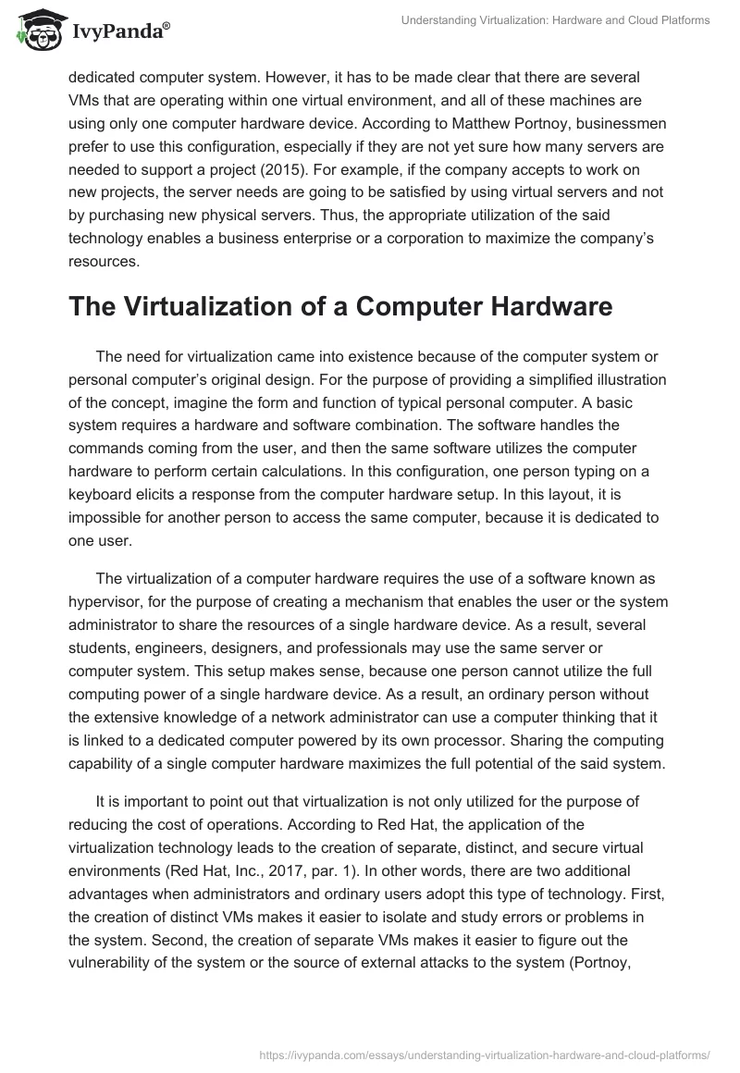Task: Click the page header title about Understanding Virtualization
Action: (556, 20)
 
